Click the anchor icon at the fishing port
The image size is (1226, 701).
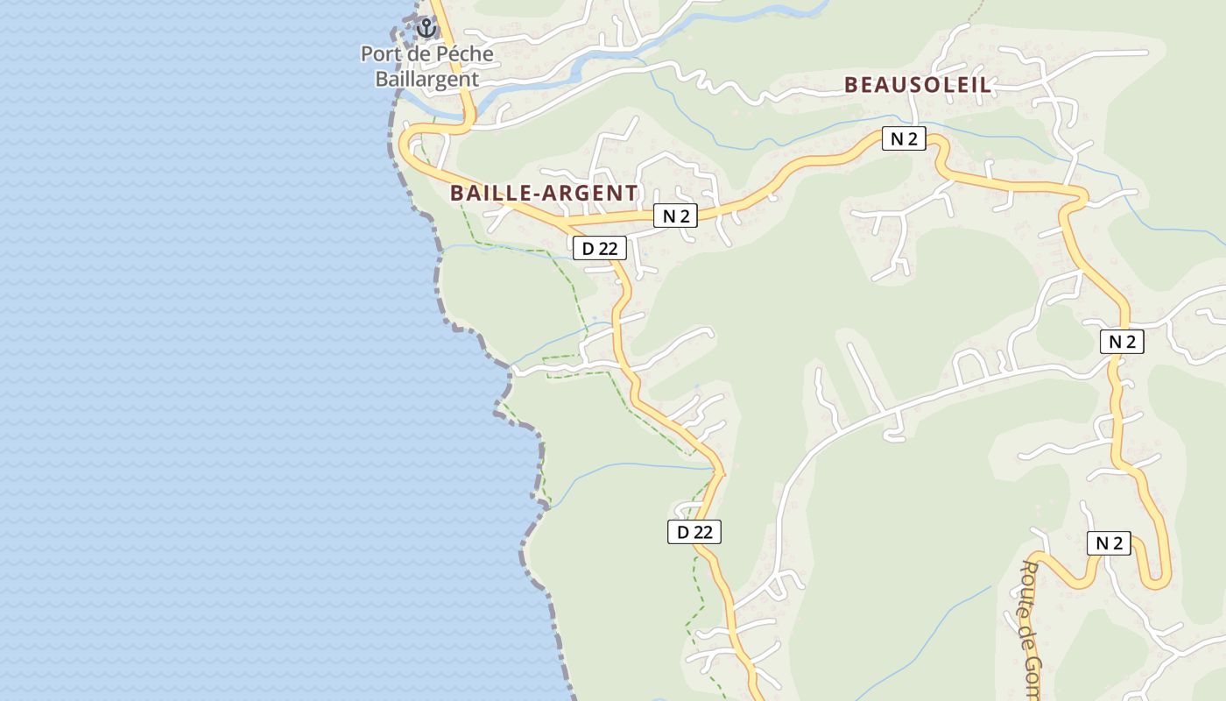(x=426, y=28)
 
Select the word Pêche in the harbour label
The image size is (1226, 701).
(x=464, y=54)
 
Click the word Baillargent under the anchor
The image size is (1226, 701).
(x=427, y=79)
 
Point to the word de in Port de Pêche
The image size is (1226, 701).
(x=419, y=54)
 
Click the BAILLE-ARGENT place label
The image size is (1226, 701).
(x=544, y=193)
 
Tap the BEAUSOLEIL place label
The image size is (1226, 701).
(x=918, y=85)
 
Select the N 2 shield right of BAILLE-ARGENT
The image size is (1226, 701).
(x=675, y=216)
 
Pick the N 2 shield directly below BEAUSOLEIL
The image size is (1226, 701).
(x=904, y=138)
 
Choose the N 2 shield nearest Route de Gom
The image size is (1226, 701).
(x=1109, y=543)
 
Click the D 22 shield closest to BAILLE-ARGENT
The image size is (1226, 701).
(x=600, y=249)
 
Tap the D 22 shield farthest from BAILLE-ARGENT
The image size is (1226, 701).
(x=694, y=531)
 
